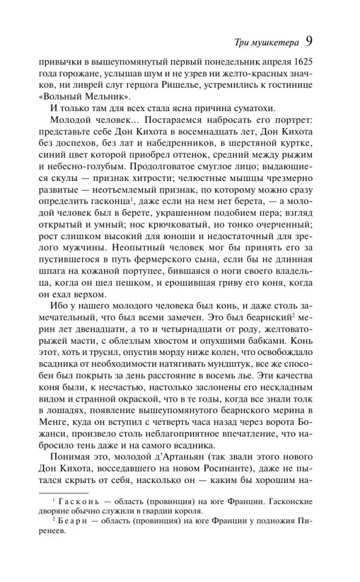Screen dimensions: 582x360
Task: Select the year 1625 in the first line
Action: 318,62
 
